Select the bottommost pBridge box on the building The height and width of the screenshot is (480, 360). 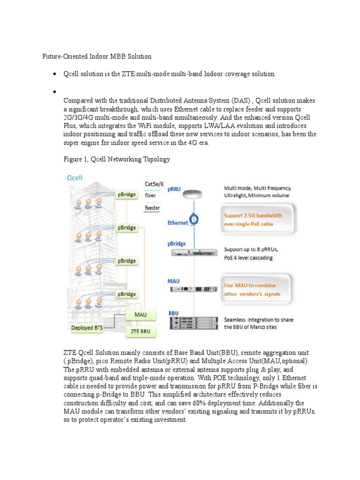pyautogui.click(x=127, y=294)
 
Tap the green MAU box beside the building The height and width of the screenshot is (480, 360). pyautogui.click(x=141, y=315)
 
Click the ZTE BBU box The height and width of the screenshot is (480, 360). pyautogui.click(x=140, y=331)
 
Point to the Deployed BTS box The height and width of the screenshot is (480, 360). pyautogui.click(x=87, y=328)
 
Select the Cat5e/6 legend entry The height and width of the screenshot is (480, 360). pyautogui.click(x=155, y=184)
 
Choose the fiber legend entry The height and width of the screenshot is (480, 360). pyautogui.click(x=150, y=195)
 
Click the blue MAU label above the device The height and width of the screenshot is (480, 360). pyautogui.click(x=174, y=281)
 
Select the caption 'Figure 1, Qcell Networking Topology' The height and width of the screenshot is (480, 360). pyautogui.click(x=116, y=159)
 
